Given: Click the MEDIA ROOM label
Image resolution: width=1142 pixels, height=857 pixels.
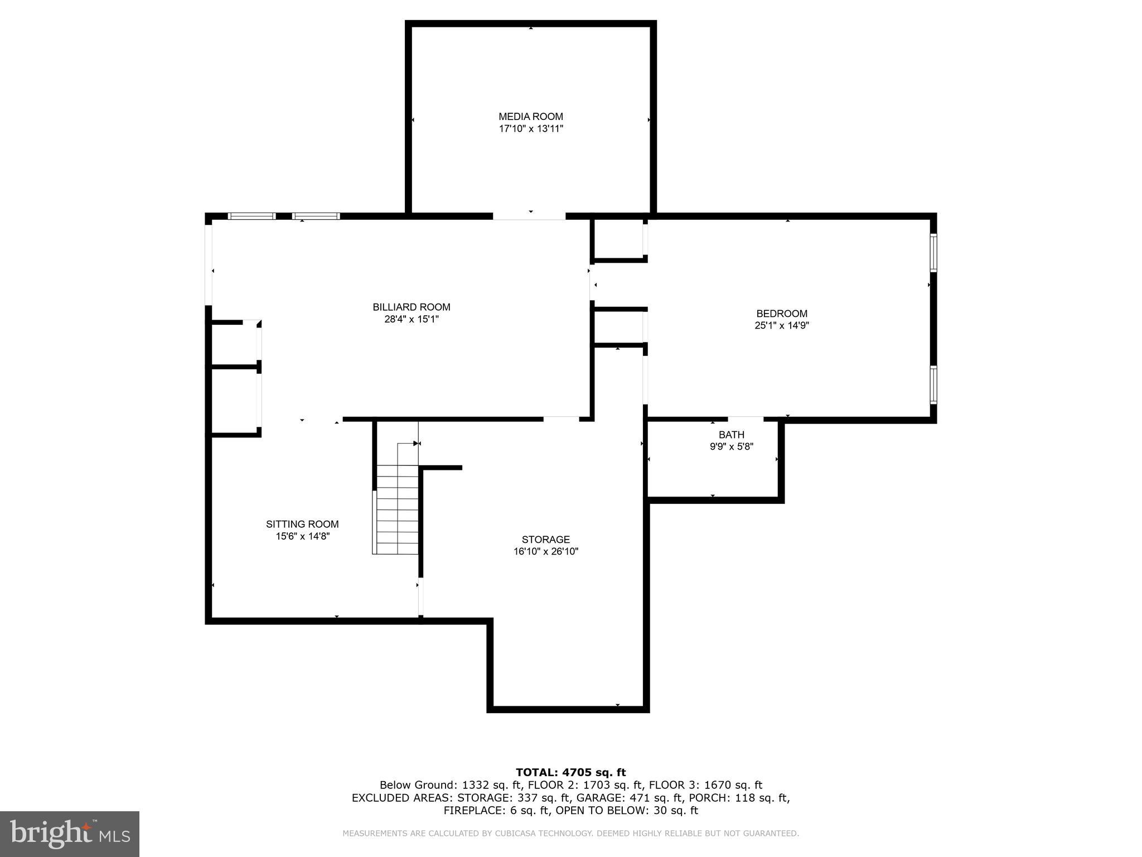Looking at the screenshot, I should (x=530, y=117).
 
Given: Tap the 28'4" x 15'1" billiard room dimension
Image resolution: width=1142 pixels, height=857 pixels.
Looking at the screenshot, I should (x=412, y=319).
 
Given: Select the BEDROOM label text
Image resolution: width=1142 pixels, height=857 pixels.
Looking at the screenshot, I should (x=781, y=314).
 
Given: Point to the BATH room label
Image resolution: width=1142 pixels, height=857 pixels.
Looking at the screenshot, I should (x=731, y=435).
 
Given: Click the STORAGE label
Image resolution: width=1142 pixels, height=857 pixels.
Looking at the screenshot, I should (x=545, y=540).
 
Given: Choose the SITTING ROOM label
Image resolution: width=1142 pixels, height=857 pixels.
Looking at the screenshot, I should (x=302, y=524).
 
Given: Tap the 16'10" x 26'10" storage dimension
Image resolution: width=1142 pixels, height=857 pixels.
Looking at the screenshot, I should (x=545, y=552).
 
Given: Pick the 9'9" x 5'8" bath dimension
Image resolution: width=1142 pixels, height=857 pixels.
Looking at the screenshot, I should (x=731, y=446).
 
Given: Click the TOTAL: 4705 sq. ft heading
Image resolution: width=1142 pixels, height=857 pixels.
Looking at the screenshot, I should (x=570, y=772).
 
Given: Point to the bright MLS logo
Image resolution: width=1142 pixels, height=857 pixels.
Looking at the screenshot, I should (x=69, y=834).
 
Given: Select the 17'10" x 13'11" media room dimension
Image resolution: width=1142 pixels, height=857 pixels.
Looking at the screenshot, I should (x=530, y=129).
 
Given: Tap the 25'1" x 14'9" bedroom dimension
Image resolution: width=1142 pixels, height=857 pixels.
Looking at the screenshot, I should (x=781, y=326).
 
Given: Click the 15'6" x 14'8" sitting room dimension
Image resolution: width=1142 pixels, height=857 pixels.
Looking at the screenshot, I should (x=302, y=536).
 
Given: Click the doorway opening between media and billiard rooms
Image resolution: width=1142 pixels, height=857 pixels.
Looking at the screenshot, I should (x=529, y=216).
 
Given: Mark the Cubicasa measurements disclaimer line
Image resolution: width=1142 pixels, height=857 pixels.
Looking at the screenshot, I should (x=570, y=834).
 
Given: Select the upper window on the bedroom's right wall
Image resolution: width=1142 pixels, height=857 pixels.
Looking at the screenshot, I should (x=933, y=252).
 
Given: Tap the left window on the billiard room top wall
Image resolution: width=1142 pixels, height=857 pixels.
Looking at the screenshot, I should (x=251, y=216).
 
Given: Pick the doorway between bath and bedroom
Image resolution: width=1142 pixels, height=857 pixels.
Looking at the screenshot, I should (x=745, y=419).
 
